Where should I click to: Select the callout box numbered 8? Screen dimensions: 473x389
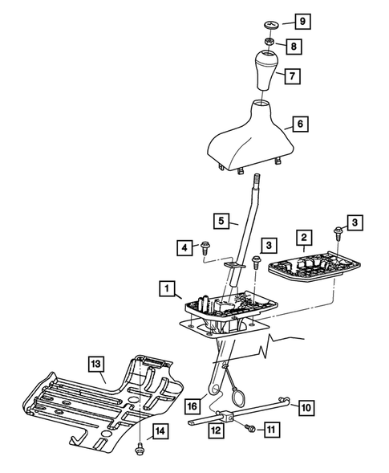coord(295,47)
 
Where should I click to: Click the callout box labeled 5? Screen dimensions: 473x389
coord(221,218)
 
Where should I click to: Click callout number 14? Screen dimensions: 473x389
coord(161,431)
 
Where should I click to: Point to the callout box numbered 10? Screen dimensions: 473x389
coord(306,408)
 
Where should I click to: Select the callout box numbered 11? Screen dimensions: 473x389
coord(272,430)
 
